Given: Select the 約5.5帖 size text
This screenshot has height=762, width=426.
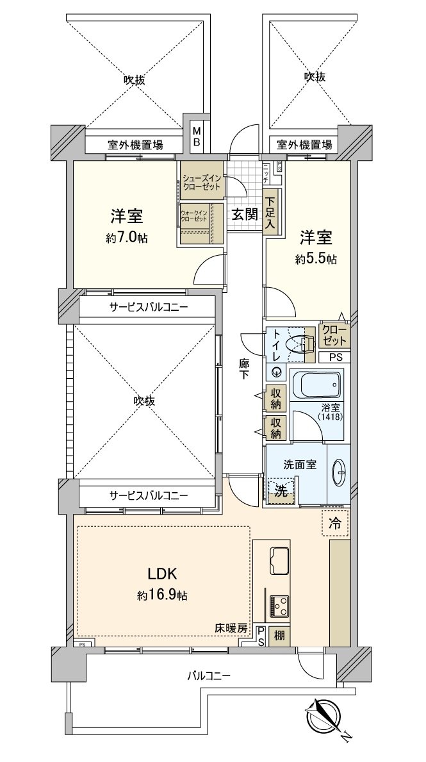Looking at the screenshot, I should click(316, 259).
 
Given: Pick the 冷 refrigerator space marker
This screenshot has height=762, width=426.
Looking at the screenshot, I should click(335, 522).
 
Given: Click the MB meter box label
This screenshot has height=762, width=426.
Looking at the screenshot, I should click(197, 136).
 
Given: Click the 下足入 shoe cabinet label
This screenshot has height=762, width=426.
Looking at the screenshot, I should click(271, 215).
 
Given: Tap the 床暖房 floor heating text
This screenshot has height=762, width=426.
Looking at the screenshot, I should click(231, 629).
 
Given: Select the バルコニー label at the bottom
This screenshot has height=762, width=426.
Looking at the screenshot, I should click(208, 675).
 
